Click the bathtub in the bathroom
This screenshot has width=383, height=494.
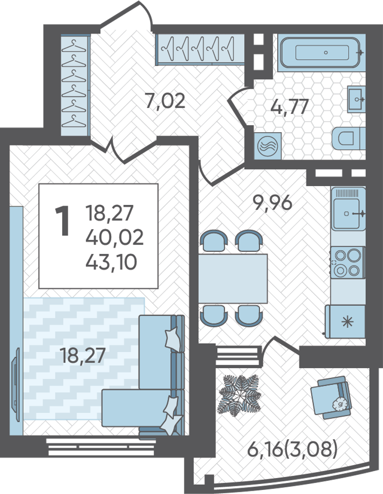321,53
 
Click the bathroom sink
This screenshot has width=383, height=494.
356,99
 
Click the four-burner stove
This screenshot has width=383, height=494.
347,263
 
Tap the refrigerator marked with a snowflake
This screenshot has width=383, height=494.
345,322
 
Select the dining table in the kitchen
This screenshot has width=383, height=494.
233,279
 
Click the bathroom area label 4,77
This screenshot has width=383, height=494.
289,107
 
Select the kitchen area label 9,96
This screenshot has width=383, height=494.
273,203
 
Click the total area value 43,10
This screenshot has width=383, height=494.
111,262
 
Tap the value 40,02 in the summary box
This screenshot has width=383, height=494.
114,237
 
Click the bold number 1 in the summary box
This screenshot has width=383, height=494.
62,221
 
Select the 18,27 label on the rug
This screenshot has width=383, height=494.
82,356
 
